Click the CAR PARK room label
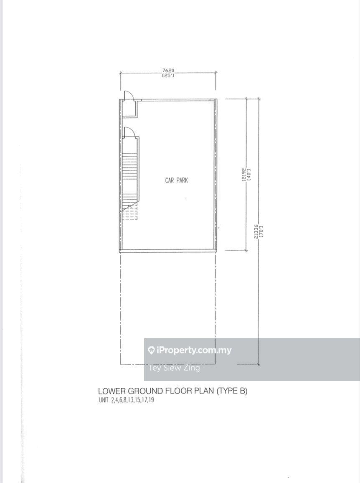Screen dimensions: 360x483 177,180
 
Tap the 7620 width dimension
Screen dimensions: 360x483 168,71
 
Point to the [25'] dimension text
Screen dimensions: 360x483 168,75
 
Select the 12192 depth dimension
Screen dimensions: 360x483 244,175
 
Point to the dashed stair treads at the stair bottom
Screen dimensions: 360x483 129,213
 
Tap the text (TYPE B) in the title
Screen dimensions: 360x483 232,391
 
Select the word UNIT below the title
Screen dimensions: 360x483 104,400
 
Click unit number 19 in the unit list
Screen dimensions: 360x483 151,400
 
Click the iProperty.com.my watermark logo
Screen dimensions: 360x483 190,350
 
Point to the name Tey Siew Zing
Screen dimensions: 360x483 174,368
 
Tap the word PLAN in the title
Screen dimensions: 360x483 205,391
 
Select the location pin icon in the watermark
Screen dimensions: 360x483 151,350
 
